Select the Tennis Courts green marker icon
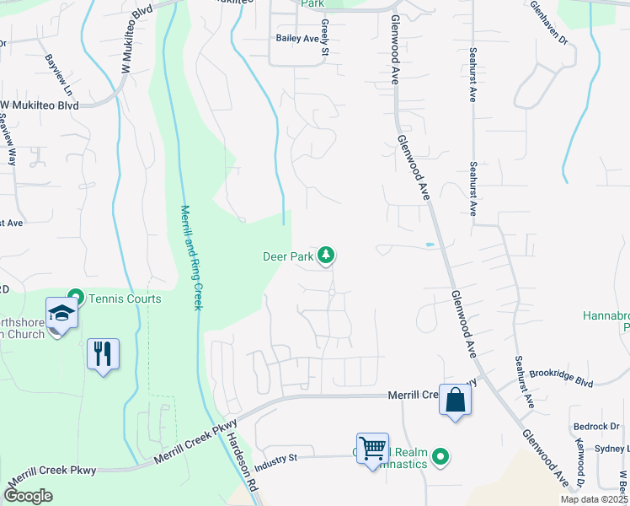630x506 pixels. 75,297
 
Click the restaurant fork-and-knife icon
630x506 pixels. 103,353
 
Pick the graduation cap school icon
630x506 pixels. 62,314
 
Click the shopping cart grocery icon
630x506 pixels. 372,449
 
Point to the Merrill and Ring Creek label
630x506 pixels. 191,257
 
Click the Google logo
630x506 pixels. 28,495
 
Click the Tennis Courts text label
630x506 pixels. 125,298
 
